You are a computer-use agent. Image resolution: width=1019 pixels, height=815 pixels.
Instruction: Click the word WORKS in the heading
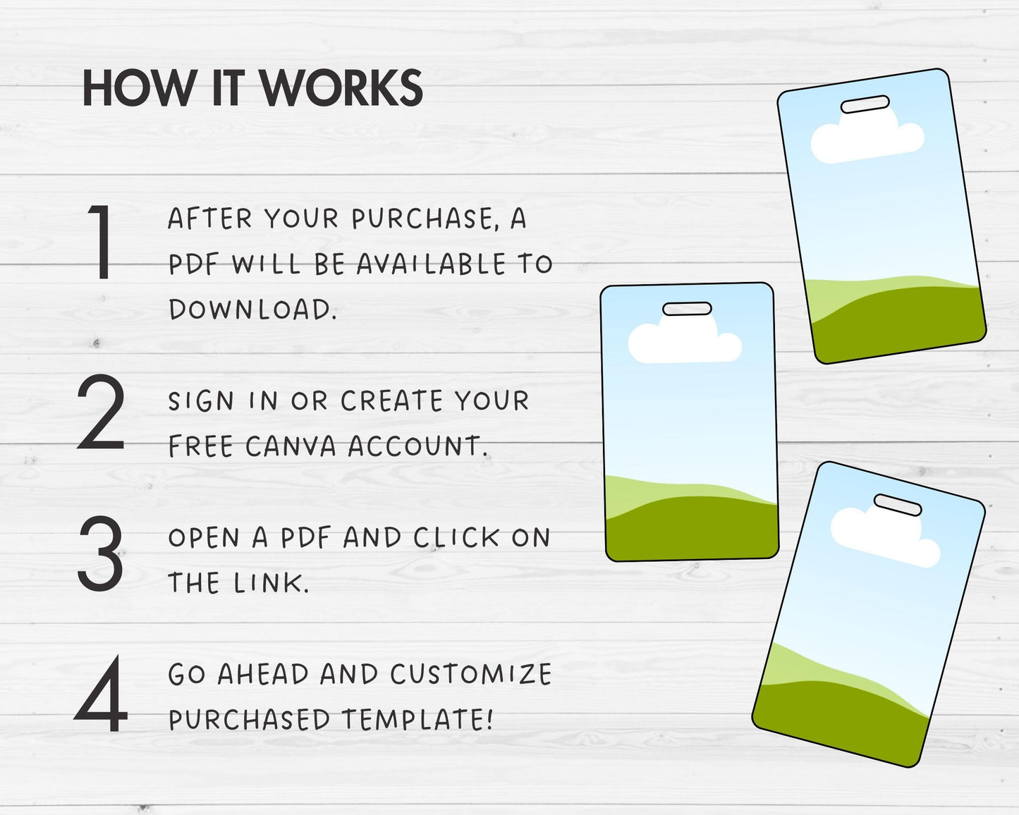tap(341, 89)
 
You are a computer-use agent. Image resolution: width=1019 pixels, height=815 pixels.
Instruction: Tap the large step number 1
tap(101, 242)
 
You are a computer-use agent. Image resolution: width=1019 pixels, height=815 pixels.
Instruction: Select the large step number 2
tap(101, 411)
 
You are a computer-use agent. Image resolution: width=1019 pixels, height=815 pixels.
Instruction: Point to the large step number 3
tap(101, 553)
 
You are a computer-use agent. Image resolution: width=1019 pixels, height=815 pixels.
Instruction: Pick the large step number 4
tap(101, 693)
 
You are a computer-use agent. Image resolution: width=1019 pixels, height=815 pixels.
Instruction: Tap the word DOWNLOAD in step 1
tap(253, 310)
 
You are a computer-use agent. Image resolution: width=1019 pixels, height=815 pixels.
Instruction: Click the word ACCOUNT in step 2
tap(417, 446)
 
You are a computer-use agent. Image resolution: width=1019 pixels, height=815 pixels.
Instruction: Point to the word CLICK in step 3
tap(456, 538)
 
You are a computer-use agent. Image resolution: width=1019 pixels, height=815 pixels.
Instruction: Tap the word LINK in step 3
tap(271, 583)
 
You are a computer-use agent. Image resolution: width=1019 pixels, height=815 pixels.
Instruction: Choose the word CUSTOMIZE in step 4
tap(471, 675)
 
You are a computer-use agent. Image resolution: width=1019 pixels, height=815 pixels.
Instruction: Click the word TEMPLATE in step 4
tap(417, 719)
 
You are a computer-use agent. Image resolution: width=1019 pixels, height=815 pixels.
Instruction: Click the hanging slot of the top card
tap(865, 104)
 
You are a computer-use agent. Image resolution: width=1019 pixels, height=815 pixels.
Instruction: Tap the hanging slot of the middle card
tap(687, 310)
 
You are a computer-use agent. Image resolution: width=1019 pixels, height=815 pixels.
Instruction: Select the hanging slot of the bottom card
tap(897, 505)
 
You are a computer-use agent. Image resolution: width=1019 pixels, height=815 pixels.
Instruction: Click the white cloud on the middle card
tap(685, 340)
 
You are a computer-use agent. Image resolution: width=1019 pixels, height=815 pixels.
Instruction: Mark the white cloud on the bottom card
tap(884, 534)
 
